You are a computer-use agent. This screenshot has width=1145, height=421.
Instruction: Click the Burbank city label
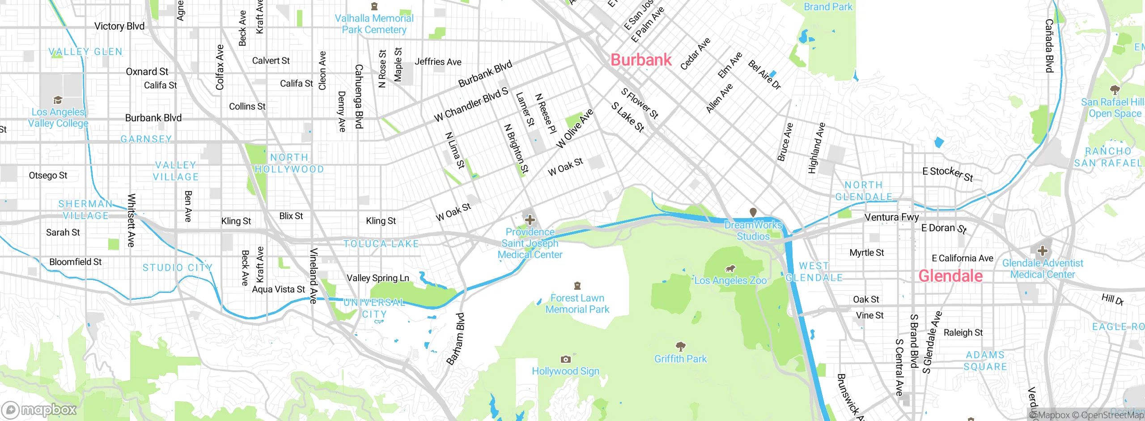tap(641, 60)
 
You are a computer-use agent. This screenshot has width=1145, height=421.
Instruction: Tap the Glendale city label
tap(950, 276)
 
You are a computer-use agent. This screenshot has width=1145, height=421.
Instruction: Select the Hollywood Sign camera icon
tap(565, 359)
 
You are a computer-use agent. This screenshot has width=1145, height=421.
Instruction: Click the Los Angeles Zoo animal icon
tap(730, 269)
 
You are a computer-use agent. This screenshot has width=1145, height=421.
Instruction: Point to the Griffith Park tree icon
tap(680, 346)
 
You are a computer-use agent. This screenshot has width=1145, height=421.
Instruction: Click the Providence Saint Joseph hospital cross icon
tap(530, 220)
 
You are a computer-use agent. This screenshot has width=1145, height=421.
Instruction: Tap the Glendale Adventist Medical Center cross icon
tap(1043, 251)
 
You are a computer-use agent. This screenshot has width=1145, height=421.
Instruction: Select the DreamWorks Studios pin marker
tap(753, 212)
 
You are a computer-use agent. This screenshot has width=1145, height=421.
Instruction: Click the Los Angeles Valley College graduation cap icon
tap(58, 100)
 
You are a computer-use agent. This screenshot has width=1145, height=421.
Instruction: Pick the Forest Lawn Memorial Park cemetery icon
tap(577, 286)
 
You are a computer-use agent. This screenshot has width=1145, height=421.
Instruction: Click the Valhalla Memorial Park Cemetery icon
tap(374, 6)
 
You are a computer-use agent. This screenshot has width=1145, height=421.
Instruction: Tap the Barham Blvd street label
tap(456, 339)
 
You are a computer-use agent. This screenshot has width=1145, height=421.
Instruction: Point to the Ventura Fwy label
tap(891, 217)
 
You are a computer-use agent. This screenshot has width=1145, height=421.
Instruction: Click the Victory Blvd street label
tap(119, 26)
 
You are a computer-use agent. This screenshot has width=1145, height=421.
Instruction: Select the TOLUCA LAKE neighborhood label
tap(381, 244)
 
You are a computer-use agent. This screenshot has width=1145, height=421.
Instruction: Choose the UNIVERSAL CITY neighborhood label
tap(374, 308)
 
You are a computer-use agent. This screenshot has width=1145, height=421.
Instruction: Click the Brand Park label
tap(828, 7)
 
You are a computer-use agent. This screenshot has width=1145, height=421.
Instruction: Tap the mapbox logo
tap(39, 410)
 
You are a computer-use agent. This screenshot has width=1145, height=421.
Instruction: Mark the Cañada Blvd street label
tap(1049, 46)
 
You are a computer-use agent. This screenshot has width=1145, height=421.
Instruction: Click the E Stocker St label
tap(948, 174)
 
